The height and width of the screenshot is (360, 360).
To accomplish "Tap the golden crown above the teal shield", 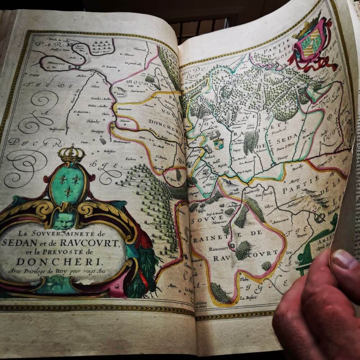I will (x=71, y=154).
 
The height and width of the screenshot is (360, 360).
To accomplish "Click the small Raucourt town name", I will (x=217, y=248).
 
